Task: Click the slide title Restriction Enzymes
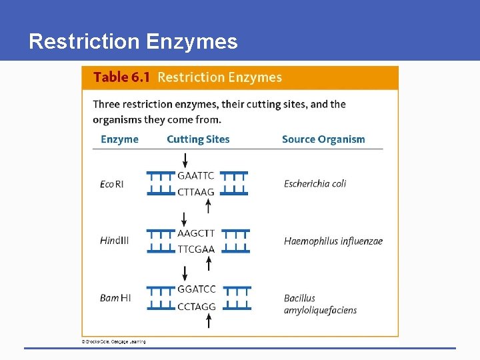[133, 42]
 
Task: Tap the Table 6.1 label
[121, 77]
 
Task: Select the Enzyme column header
[119, 139]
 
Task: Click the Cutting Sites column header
[198, 139]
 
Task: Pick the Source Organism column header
[323, 139]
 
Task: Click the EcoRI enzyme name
[112, 184]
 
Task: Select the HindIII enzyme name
[115, 241]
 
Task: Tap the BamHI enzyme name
[115, 298]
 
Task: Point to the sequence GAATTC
[196, 176]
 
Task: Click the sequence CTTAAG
[196, 192]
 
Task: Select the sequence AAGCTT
[196, 233]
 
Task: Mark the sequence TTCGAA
[196, 249]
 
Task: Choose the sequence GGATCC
[197, 290]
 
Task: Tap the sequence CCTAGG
[197, 307]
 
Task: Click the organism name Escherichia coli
[315, 184]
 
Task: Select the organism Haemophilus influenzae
[333, 241]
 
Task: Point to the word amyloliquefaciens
[320, 310]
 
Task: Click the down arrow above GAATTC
[185, 160]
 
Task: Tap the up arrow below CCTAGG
[209, 321]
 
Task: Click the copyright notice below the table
[113, 342]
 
